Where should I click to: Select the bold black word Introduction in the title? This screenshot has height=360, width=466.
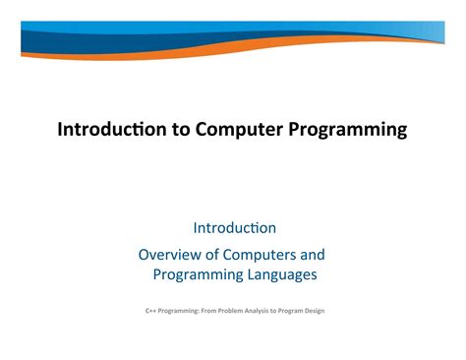113,130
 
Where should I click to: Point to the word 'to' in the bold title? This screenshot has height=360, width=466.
182,130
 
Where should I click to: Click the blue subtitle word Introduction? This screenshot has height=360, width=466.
234,228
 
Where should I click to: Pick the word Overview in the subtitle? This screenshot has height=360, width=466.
170,254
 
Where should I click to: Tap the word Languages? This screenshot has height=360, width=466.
276,274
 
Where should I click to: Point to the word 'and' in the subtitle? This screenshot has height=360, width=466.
313,254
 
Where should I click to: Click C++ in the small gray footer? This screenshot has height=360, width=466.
149,311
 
